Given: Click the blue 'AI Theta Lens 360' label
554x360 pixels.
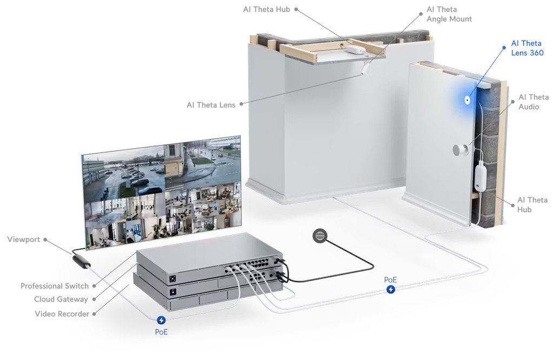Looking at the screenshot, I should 527,48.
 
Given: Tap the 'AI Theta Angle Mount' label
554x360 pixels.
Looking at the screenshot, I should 449,14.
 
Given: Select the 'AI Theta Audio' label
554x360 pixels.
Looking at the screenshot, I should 533,102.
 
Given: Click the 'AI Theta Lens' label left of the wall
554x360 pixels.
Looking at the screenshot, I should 211,105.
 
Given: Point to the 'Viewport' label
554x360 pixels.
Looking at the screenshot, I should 24,239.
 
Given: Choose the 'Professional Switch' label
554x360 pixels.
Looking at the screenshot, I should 54,286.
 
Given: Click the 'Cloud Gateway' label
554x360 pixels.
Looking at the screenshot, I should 61,299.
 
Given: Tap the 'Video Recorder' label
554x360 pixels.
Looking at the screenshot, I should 62,314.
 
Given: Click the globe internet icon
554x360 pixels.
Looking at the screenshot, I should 320,235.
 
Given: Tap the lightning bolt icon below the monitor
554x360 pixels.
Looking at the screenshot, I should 161,320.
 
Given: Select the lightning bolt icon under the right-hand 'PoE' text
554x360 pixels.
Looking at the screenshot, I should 391,290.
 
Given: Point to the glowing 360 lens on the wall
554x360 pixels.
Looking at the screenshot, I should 466,100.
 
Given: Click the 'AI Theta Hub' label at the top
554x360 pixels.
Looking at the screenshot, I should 266,9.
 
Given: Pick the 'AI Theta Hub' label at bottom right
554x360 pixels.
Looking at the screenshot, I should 532,205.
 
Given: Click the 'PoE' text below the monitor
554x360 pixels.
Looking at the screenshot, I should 161,332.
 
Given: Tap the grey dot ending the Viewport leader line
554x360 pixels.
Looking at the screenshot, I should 45,239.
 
